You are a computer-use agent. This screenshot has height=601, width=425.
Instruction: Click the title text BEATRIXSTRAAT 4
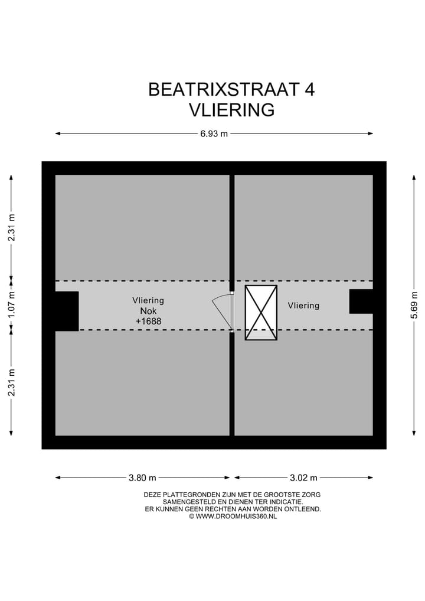click(x=231, y=89)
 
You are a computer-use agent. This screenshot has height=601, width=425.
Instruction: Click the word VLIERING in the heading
click(x=231, y=110)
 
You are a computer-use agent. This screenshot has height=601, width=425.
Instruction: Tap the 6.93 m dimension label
click(x=214, y=134)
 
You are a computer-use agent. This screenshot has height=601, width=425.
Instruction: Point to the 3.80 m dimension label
click(x=143, y=477)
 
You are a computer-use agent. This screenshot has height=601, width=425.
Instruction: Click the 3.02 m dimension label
click(x=303, y=477)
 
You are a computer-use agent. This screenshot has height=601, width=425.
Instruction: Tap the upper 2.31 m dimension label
click(x=11, y=227)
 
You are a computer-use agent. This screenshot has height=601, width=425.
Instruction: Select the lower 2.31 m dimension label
click(x=11, y=382)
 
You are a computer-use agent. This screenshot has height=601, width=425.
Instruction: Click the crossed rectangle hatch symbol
click(x=261, y=313)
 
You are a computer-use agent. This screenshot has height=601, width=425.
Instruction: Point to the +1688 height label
click(x=148, y=321)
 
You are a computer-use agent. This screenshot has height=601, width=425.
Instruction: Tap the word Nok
click(x=148, y=311)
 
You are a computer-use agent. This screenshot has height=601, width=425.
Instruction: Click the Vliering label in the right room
click(x=303, y=306)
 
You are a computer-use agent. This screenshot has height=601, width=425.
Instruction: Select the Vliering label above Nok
click(x=148, y=300)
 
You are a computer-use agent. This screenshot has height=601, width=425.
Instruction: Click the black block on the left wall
click(x=66, y=311)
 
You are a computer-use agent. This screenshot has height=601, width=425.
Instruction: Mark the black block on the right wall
click(x=361, y=301)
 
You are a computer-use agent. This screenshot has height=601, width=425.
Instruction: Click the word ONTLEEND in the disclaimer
click(x=303, y=509)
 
